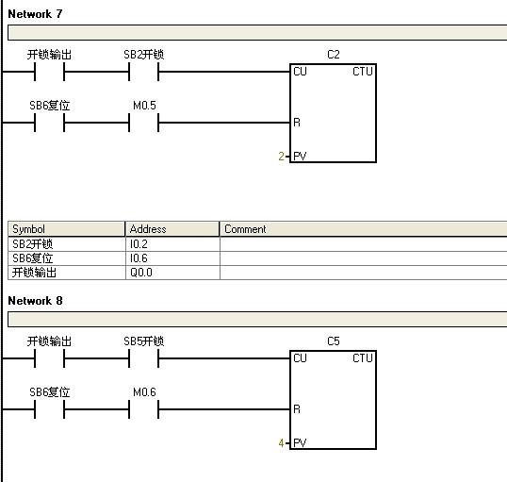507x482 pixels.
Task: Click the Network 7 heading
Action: point(35,14)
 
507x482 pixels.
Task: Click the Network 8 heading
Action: point(35,301)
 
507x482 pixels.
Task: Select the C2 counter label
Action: point(334,55)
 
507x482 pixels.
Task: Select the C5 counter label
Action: point(334,341)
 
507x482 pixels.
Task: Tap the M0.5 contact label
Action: point(144,106)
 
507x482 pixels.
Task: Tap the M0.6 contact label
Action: point(144,392)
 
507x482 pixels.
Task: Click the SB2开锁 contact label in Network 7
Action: point(144,55)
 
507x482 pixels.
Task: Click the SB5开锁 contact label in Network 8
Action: point(144,341)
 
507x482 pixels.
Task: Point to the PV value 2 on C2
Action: point(282,157)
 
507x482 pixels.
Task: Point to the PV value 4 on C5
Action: point(282,442)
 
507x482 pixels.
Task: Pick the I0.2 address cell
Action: point(172,243)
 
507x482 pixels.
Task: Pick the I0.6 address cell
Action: point(172,258)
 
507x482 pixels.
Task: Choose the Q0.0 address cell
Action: point(172,273)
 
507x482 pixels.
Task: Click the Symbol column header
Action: point(66,229)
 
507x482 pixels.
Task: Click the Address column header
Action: point(172,229)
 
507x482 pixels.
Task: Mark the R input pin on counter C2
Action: point(297,123)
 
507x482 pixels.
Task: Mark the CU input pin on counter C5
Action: point(300,358)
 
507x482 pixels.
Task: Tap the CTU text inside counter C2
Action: point(363,72)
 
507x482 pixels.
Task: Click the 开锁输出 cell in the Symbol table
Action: point(66,273)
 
